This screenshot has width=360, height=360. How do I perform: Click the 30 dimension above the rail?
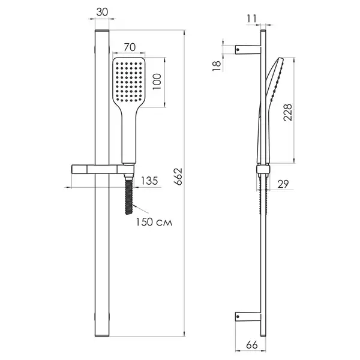pyautogui.click(x=102, y=12)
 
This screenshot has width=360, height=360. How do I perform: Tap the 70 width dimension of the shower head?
pyautogui.click(x=130, y=47)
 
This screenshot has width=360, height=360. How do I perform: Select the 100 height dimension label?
pyautogui.click(x=157, y=82)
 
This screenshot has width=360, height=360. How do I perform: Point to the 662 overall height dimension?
pyautogui.click(x=178, y=176)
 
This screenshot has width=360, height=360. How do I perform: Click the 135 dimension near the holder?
pyautogui.click(x=149, y=181)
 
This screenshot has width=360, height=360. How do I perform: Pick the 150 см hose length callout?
pyautogui.click(x=154, y=222)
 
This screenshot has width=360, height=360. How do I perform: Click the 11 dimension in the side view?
pyautogui.click(x=251, y=19)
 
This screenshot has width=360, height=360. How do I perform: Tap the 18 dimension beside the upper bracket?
pyautogui.click(x=217, y=65)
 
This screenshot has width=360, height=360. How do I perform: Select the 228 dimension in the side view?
pyautogui.click(x=287, y=112)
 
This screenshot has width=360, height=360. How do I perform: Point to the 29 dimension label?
pyautogui.click(x=283, y=184)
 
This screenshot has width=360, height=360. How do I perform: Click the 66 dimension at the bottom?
pyautogui.click(x=252, y=345)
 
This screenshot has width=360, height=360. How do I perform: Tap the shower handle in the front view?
pyautogui.click(x=129, y=136)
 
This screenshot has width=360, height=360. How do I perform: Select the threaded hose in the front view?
pyautogui.click(x=129, y=196)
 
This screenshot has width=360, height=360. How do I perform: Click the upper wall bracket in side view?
pyautogui.click(x=248, y=50)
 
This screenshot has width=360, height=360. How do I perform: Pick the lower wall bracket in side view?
pyautogui.click(x=248, y=317)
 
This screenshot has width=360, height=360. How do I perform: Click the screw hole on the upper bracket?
pyautogui.click(x=238, y=50)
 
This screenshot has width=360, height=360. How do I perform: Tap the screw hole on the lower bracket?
pyautogui.click(x=238, y=317)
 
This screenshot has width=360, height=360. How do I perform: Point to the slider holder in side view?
pyautogui.click(x=263, y=169)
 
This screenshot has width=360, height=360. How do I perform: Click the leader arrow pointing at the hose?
pyautogui.click(x=140, y=209)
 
